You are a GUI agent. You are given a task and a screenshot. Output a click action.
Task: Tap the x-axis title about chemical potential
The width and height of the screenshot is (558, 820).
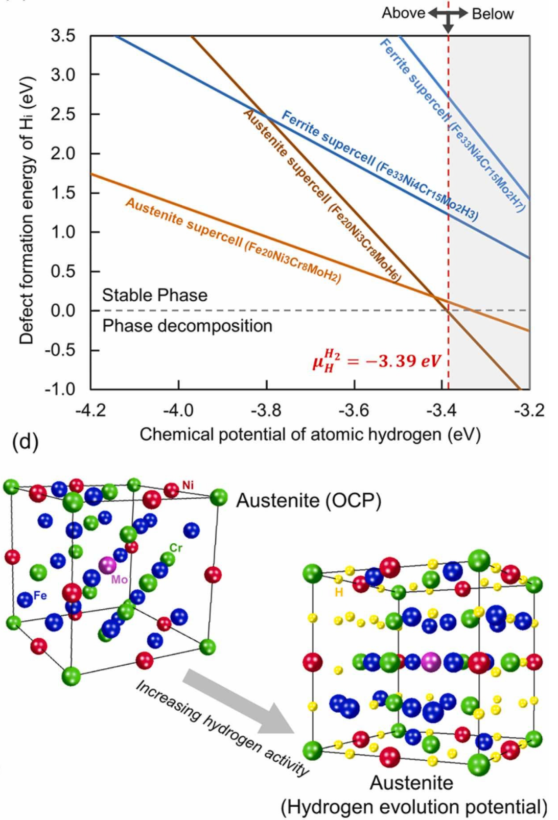[x=310, y=435]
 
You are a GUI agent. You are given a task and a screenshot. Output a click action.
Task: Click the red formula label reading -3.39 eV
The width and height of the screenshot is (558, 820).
[x=376, y=361]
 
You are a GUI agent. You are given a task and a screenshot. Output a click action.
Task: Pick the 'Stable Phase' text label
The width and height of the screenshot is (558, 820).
[x=155, y=295]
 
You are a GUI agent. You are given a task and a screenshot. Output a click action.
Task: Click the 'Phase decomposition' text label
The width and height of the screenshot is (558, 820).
[x=187, y=326]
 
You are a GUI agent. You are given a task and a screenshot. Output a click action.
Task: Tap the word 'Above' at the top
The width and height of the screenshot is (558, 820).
[x=403, y=13]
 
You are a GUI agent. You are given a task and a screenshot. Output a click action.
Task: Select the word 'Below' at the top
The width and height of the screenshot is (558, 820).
[x=493, y=14]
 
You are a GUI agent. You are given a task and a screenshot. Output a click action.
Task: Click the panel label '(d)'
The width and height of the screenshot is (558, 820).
[x=25, y=441]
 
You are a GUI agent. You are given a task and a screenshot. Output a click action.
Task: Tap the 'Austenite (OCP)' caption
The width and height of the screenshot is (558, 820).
[x=309, y=501]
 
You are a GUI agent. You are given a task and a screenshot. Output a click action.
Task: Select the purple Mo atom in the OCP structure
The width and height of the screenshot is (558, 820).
[x=107, y=565]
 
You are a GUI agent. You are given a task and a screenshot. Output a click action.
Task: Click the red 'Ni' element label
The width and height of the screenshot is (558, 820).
[x=188, y=485]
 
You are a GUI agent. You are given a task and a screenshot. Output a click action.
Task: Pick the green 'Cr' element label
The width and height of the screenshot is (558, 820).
[x=176, y=548]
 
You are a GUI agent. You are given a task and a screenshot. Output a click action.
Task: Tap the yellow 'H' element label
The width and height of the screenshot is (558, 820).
[x=339, y=592]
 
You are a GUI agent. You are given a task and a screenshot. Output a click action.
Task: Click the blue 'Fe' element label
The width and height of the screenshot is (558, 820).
[x=40, y=595]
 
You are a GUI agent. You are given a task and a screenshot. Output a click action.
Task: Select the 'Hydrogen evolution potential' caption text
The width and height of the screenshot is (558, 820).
[x=414, y=807]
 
